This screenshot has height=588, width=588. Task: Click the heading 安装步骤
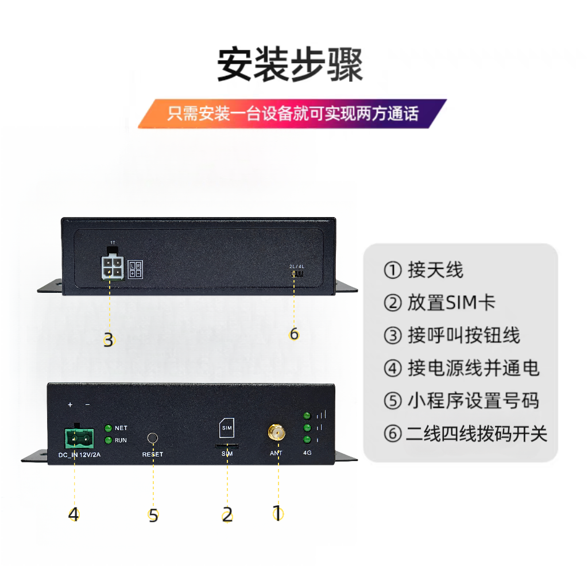click(x=290, y=65)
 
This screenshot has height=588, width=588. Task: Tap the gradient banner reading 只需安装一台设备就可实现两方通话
click(x=292, y=113)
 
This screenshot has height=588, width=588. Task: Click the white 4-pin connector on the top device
click(x=112, y=268)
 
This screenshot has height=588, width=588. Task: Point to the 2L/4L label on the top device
click(x=296, y=266)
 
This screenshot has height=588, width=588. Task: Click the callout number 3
click(x=109, y=340)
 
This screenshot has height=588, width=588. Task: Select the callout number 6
click(x=294, y=334)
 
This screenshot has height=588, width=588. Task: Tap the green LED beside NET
click(x=108, y=428)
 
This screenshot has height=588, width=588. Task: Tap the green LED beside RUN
click(x=108, y=440)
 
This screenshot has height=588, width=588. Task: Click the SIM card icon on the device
click(x=227, y=428)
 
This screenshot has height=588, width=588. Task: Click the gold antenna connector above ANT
click(x=276, y=432)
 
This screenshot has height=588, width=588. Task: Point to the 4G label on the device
click(x=308, y=453)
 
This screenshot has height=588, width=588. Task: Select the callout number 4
click(x=73, y=514)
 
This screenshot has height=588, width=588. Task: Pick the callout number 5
click(x=153, y=515)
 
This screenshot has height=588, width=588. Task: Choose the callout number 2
click(x=227, y=514)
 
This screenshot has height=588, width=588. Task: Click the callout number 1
click(x=277, y=513)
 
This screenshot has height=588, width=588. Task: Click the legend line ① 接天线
click(x=423, y=270)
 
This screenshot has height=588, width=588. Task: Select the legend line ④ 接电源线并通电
click(x=462, y=368)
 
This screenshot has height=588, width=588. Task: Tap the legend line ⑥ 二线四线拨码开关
click(x=465, y=434)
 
